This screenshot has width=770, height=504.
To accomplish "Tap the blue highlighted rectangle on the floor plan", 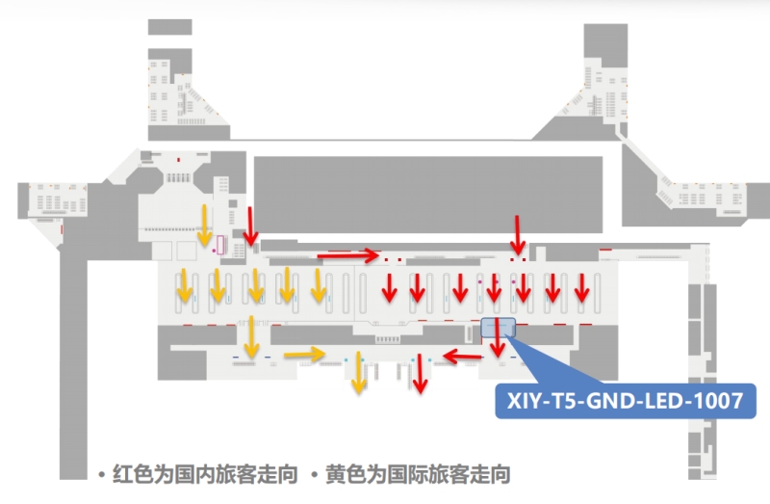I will tap(498, 329).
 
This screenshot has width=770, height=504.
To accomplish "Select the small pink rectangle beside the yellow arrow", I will tap(220, 245).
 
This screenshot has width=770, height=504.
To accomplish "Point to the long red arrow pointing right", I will tap(348, 255).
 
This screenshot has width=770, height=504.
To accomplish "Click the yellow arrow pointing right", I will tap(304, 355).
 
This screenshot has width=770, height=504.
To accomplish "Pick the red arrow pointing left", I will tap(463, 358).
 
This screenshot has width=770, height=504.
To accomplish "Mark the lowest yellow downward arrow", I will tap(359, 374).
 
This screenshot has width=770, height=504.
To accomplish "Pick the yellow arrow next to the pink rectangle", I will tap(204, 225).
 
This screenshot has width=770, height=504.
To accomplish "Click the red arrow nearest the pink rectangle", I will tap(250, 225).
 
